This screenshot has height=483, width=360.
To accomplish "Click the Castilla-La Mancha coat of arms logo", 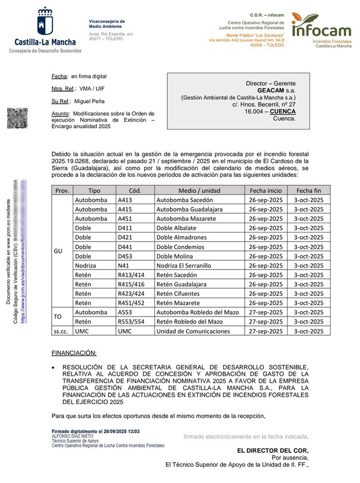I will point(45,21).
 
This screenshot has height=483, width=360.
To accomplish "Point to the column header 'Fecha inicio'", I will point(266,190).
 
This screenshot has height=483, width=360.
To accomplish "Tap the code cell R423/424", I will point(131,294).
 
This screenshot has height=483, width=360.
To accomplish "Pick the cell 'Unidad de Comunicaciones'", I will point(193,331).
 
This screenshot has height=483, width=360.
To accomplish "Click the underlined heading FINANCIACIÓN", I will point(74,353).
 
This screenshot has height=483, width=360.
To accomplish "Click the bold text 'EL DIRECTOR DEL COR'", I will point(273,450).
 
